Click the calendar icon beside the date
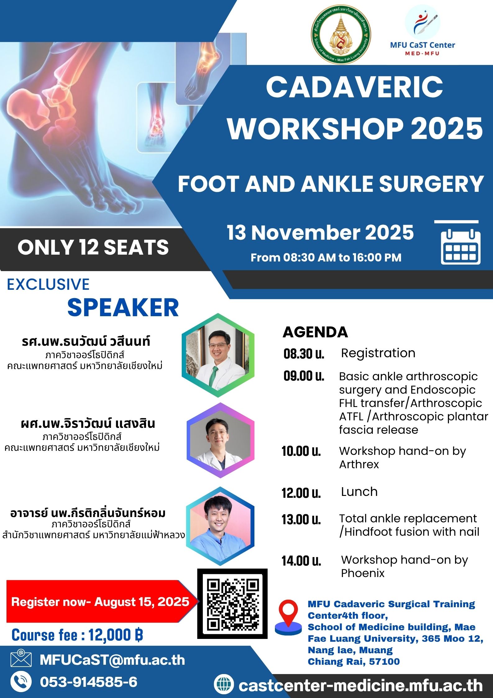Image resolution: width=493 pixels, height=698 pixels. click(461, 247)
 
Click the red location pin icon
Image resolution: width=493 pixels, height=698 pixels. click(289, 617)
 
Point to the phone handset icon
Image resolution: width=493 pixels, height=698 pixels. click(21, 682)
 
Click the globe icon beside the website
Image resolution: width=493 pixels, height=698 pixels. click(224, 684)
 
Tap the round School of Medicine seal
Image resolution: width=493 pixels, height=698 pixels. click(341, 35)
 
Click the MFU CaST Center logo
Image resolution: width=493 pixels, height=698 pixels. click(422, 31)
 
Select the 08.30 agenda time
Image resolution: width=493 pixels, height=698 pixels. click(304, 354)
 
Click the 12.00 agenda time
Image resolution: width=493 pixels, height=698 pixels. click(301, 493)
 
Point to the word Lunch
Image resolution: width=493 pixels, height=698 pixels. click(359, 492)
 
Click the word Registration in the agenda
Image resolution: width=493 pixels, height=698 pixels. click(378, 354)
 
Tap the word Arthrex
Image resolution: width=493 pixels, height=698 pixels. click(359, 465)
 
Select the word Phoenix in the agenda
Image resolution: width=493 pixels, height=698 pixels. click(363, 573)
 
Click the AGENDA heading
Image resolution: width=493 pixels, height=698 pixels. click(315, 332)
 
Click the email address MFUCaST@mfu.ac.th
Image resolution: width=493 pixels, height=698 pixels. click(112, 659)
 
